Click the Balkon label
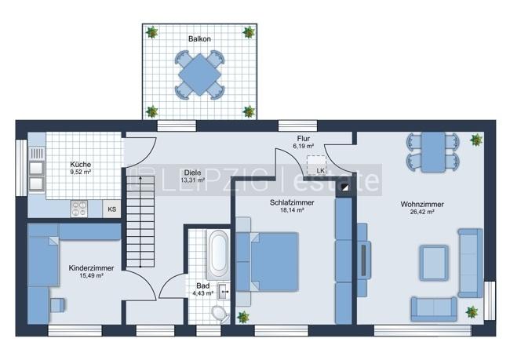click(x=199, y=38)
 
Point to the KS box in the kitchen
click(x=112, y=209)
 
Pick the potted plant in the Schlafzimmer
click(x=243, y=316)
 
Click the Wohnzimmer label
click(x=421, y=204)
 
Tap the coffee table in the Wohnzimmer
click(x=433, y=262)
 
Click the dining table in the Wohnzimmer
click(x=432, y=150)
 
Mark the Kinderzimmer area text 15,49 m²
click(x=91, y=276)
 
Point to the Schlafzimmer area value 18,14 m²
click(x=291, y=211)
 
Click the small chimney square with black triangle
click(x=344, y=189)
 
